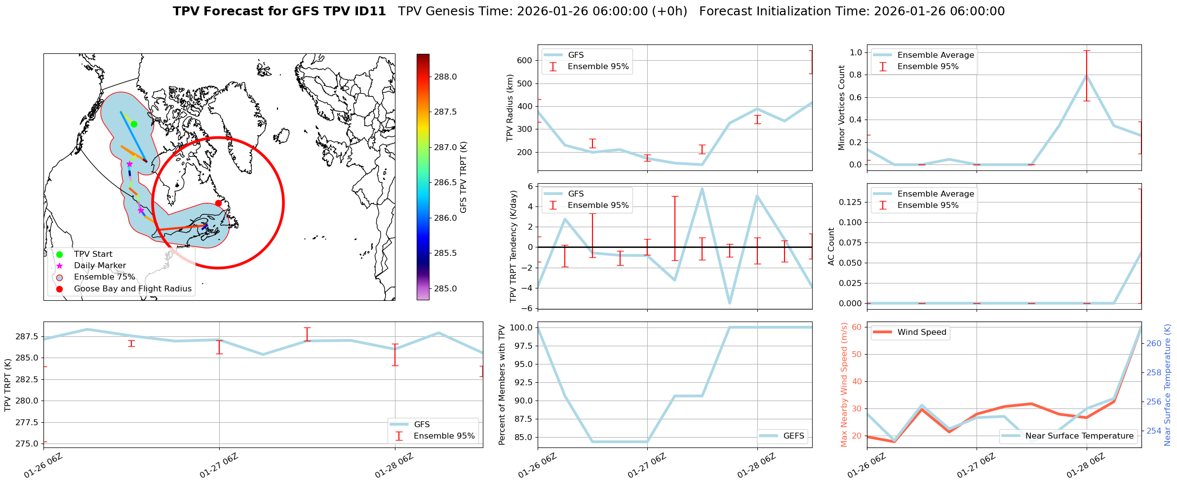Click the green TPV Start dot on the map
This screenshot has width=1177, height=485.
pos(134,124)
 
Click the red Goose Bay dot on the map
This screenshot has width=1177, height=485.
pos(218,203)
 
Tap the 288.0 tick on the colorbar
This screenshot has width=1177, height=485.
pos(445,77)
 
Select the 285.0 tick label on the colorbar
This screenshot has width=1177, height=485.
pos(445,288)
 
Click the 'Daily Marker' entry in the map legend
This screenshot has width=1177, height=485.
pos(100,266)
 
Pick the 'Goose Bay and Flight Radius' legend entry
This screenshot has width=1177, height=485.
pos(132,289)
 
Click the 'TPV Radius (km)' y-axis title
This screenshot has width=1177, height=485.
pos(510,108)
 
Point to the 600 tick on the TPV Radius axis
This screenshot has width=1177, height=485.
pos(524,60)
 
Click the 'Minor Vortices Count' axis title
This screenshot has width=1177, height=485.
pos(842,108)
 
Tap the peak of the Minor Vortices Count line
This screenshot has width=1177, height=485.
pos(1086,75)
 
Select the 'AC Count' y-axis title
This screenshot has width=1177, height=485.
pos(831,246)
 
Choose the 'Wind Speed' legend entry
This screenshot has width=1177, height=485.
pos(921,332)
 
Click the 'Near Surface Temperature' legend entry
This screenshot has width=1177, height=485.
pos(1079,436)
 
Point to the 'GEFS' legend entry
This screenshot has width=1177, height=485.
pos(793,436)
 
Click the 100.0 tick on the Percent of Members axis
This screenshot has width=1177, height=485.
pos(521,327)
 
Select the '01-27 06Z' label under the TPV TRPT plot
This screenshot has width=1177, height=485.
pos(219,465)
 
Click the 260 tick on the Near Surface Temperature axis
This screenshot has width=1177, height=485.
pos(1154,344)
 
